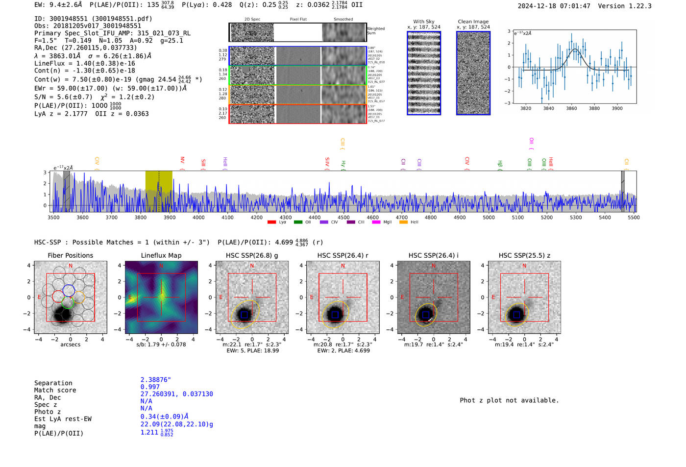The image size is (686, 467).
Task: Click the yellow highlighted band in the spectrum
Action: coord(158,191)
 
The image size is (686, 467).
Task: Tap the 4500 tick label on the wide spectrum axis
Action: coord(343,218)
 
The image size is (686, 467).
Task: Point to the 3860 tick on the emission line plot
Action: coord(571,108)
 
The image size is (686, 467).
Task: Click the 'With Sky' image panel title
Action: coord(424,22)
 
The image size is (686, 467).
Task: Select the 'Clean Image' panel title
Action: coord(473,22)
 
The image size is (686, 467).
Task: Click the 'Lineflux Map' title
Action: coord(161,255)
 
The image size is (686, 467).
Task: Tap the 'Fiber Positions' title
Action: coord(70,255)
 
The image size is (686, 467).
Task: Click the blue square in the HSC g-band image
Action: coord(244,315)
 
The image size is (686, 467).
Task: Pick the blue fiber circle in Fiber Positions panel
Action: coord(69,290)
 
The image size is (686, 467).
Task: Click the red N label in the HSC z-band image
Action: coord(524,266)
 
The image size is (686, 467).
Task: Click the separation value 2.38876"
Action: coord(155,380)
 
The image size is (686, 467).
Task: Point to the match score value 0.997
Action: coord(150,387)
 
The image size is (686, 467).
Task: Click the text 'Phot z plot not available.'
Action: coord(509,400)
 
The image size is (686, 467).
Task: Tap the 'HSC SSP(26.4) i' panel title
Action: coord(433,255)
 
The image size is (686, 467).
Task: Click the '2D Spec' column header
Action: coord(252,19)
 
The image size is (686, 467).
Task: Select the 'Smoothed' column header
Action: coord(343,19)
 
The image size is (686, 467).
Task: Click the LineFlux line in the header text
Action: coord(84,63)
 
